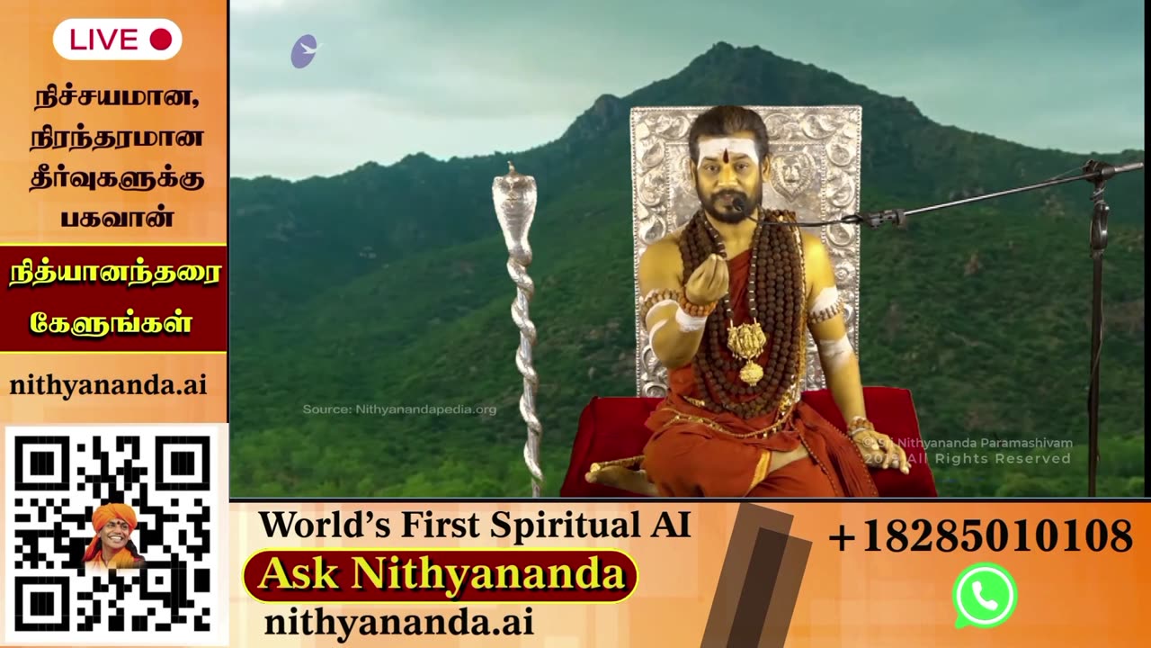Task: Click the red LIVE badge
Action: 118,40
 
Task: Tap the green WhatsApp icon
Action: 985,595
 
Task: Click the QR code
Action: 113,535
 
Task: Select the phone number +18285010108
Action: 980,536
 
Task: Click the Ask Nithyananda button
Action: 441,575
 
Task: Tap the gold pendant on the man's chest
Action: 747,346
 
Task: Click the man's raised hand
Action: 707,279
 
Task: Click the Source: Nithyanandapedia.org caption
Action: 399,409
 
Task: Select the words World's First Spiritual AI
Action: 475,525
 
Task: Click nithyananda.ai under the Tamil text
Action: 108,385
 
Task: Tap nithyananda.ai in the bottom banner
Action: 398,622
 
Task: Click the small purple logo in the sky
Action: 304,51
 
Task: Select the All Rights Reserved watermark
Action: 980,459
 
